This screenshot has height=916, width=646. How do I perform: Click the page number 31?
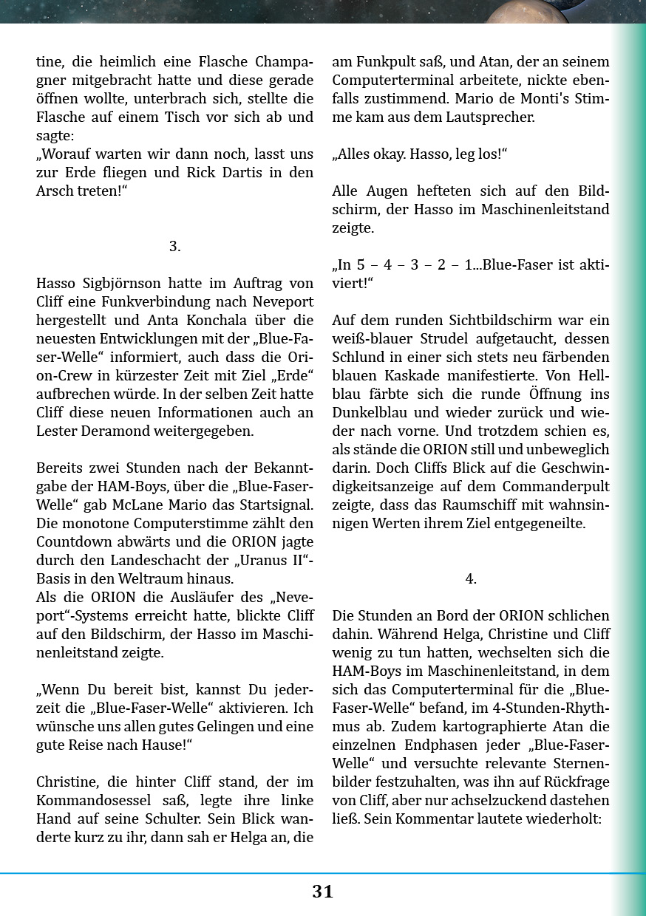tap(322, 892)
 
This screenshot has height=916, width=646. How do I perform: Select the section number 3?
tap(174, 247)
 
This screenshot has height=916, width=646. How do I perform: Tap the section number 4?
tap(471, 579)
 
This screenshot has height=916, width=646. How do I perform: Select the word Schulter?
tap(174, 819)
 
